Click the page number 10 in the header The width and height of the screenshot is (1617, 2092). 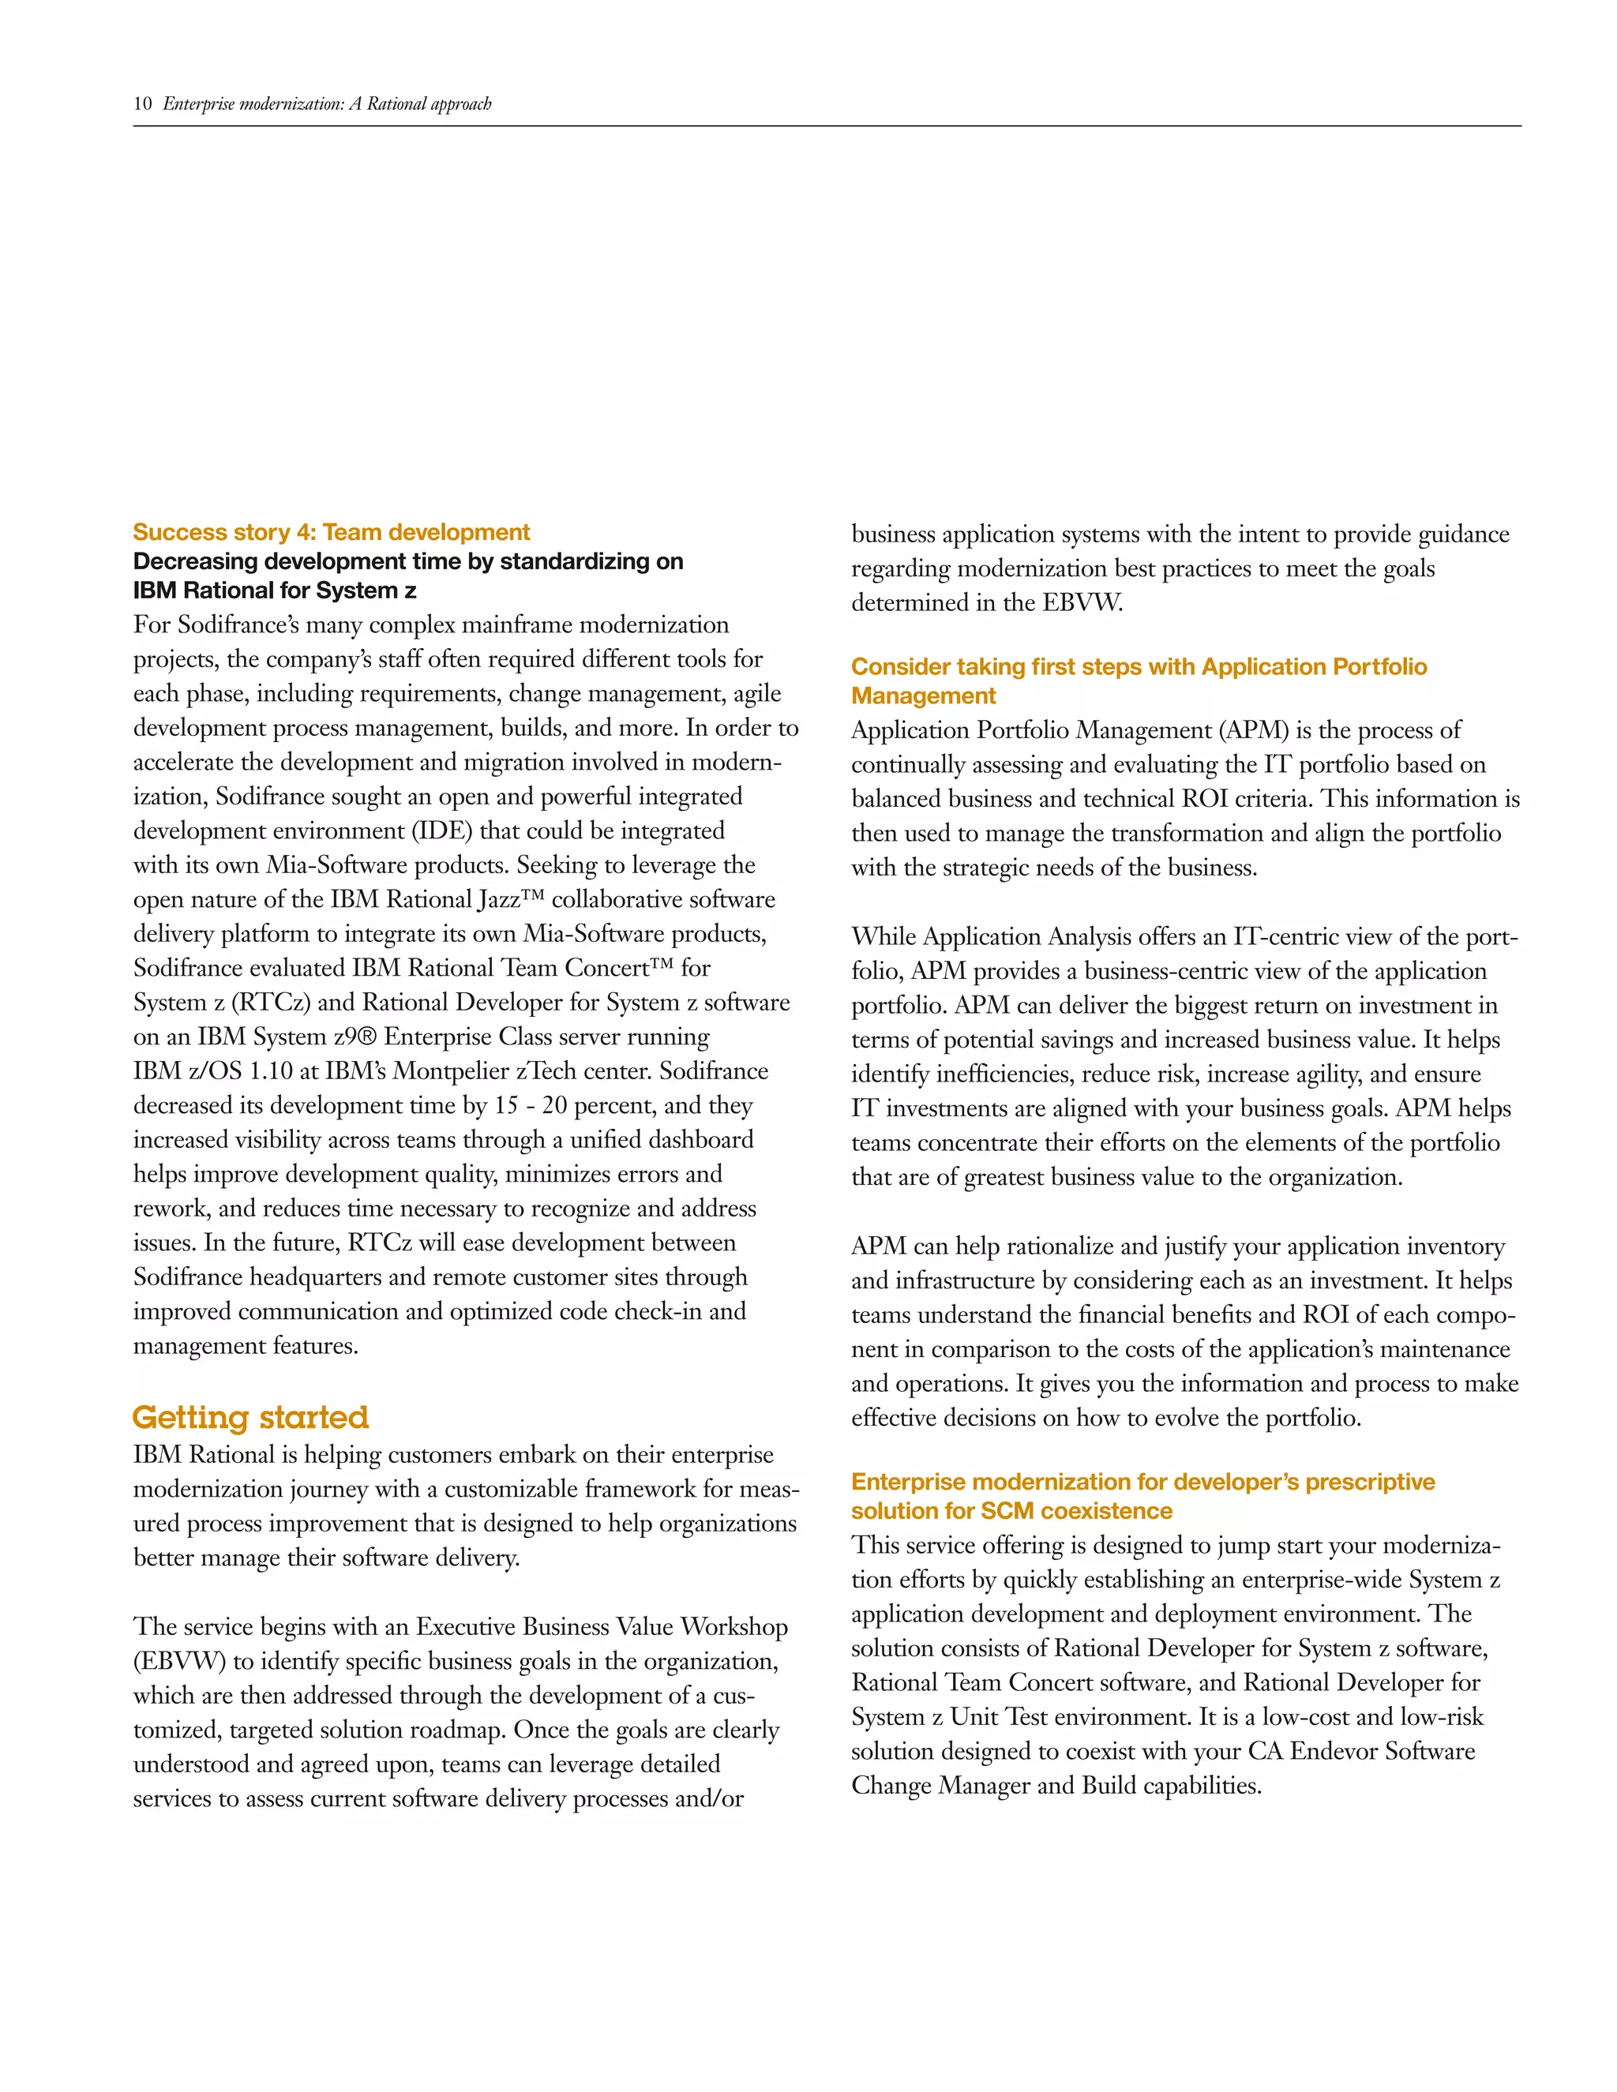pos(143,103)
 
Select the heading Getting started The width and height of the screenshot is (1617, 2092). pos(250,1417)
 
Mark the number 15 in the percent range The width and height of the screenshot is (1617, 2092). pos(506,1105)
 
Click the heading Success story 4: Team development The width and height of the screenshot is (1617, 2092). pos(332,533)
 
